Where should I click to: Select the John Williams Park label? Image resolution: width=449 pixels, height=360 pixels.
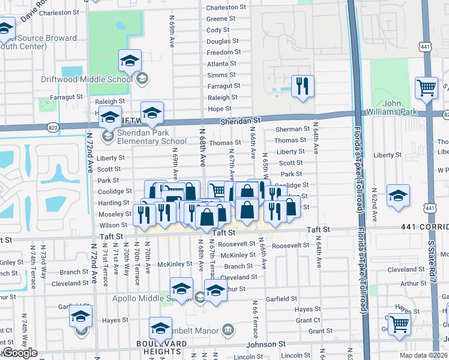(x=400, y=107)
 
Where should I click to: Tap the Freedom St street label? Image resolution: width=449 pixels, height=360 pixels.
(x=224, y=52)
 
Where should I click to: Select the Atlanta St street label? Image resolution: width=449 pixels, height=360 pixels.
(x=221, y=64)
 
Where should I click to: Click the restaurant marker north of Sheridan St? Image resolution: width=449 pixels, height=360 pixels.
(x=302, y=86)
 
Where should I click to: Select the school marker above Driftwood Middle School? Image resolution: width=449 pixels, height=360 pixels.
(x=129, y=59)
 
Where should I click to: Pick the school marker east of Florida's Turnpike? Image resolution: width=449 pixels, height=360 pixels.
(x=398, y=196)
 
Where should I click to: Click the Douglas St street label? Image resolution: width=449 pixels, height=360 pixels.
(x=223, y=41)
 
